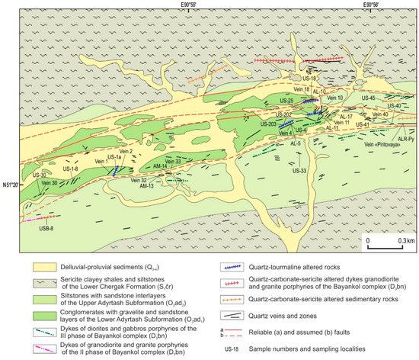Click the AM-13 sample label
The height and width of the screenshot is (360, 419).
[x=146, y=186]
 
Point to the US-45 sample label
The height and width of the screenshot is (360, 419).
[x=367, y=98]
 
